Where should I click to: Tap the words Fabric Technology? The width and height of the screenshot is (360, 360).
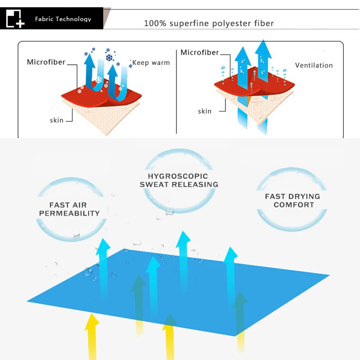pyautogui.click(x=63, y=19)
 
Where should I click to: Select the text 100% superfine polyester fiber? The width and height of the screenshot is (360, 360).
pyautogui.click(x=209, y=23)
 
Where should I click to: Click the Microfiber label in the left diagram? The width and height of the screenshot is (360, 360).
pyautogui.click(x=46, y=62)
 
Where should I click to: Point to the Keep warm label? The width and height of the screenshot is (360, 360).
pyautogui.click(x=151, y=63)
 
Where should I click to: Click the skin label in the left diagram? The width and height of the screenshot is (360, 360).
pyautogui.click(x=57, y=120)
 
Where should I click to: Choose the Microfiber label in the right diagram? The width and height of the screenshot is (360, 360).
pyautogui.click(x=199, y=52)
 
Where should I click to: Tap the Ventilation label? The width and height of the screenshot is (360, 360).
pyautogui.click(x=314, y=65)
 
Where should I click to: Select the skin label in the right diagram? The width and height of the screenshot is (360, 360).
pyautogui.click(x=205, y=111)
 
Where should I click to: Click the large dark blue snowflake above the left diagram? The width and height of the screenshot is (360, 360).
pyautogui.click(x=109, y=58)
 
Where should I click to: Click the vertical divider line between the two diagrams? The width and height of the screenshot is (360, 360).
pyautogui.click(x=176, y=91)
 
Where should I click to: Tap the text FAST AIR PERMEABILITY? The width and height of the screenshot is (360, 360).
pyautogui.click(x=69, y=209)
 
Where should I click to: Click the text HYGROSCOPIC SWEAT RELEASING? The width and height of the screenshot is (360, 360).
pyautogui.click(x=179, y=180)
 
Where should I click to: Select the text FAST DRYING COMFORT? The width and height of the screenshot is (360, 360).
pyautogui.click(x=293, y=200)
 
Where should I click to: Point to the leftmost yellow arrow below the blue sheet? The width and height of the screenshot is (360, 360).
pyautogui.click(x=92, y=336)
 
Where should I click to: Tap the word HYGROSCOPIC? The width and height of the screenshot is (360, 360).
pyautogui.click(x=178, y=176)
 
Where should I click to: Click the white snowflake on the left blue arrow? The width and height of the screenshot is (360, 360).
pyautogui.click(x=99, y=80)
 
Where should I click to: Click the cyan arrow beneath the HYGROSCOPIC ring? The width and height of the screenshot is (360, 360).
pyautogui.click(x=183, y=262)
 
